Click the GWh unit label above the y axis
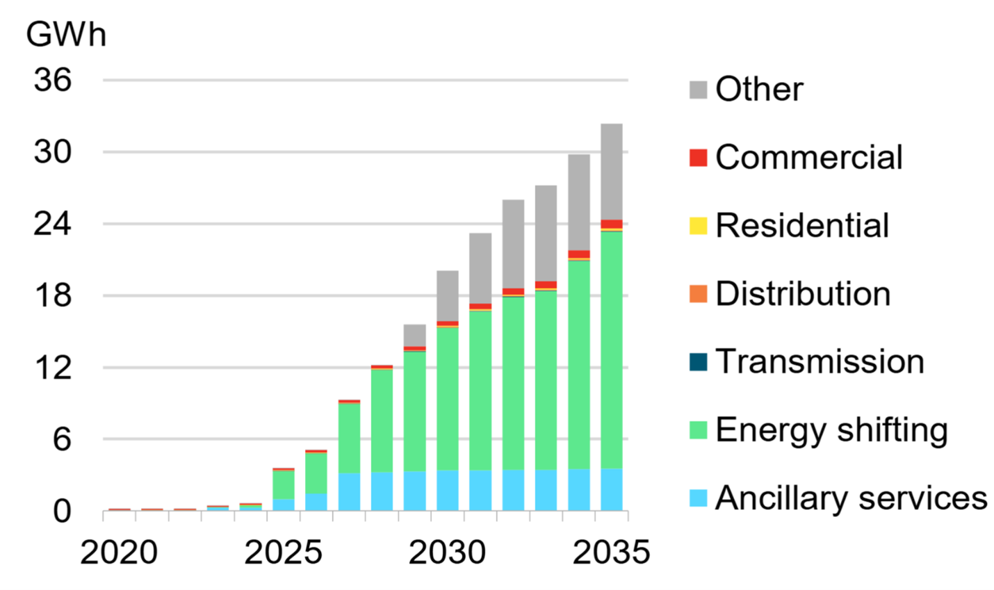tap(66, 35)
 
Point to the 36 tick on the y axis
tap(53, 81)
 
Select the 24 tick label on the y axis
tap(53, 224)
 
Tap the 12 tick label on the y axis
tap(53, 368)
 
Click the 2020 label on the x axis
tap(119, 553)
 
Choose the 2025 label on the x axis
tap(283, 553)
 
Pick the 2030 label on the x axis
tap(447, 553)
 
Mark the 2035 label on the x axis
tap(612, 553)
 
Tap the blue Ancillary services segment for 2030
tap(447, 490)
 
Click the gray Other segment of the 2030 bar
tap(447, 295)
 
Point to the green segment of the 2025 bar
tap(283, 484)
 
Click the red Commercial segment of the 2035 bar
tap(611, 224)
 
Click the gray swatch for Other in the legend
tap(698, 90)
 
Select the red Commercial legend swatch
tap(698, 158)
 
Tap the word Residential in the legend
tap(802, 226)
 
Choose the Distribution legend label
tap(803, 294)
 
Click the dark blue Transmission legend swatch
tap(698, 362)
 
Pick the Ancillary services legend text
tap(851, 498)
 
